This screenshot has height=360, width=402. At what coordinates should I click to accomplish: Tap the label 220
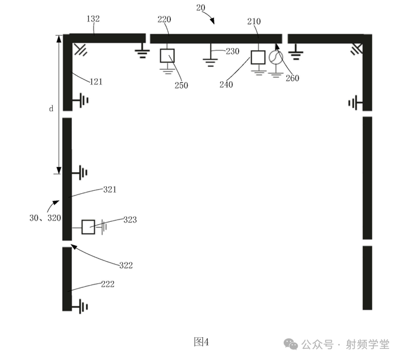point(164,20)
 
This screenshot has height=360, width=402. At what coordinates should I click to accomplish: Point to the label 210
point(254,22)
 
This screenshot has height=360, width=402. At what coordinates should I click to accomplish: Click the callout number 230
point(232,52)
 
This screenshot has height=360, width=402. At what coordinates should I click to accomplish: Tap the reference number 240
point(226,84)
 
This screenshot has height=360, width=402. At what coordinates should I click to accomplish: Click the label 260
point(293,79)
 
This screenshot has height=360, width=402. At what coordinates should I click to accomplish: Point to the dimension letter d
point(51,108)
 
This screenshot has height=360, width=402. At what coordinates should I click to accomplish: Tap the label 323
point(130,220)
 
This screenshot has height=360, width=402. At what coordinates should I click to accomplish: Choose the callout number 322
point(126,265)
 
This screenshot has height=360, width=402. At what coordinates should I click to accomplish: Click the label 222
point(107,284)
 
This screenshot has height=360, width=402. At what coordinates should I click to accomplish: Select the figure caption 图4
point(201,341)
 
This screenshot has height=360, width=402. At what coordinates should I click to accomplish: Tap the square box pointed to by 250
point(167,56)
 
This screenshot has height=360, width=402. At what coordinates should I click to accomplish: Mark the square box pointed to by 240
point(258,57)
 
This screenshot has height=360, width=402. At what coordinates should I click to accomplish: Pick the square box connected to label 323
point(88,227)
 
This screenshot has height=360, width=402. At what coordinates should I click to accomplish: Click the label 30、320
point(44,217)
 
